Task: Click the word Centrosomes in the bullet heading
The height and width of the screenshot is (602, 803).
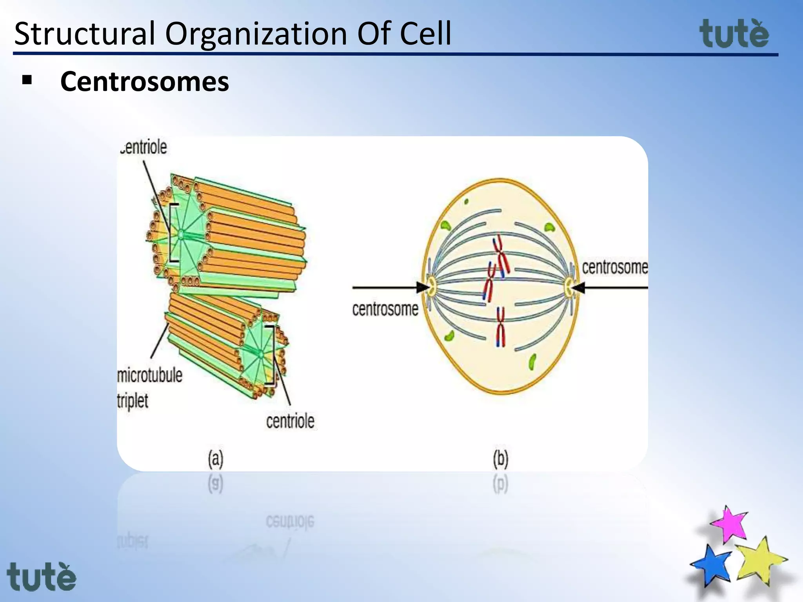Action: (x=144, y=82)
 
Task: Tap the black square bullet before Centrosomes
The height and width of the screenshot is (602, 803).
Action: (x=27, y=80)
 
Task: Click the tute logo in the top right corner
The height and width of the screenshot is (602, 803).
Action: (x=734, y=34)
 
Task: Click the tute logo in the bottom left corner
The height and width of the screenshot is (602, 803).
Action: (x=42, y=577)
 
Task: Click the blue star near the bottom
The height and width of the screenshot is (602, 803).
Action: (x=712, y=564)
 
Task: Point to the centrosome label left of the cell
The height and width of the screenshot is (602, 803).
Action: (x=385, y=309)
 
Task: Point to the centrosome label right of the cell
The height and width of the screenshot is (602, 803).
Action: (x=614, y=267)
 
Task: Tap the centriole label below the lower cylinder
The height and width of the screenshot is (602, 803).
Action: (x=290, y=421)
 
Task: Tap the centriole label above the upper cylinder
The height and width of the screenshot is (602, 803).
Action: (x=144, y=147)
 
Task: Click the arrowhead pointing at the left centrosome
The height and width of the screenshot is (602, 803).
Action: (x=423, y=287)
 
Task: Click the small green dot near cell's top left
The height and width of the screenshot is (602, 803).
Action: (x=466, y=202)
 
